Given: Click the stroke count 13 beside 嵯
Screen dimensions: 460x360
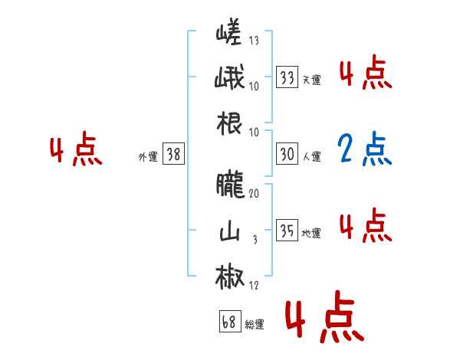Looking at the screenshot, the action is click(254, 41).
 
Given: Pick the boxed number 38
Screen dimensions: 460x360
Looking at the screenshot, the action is click(173, 154).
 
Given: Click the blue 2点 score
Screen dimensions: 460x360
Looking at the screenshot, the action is click(365, 149).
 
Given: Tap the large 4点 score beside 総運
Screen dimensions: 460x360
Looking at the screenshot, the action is click(324, 320).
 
